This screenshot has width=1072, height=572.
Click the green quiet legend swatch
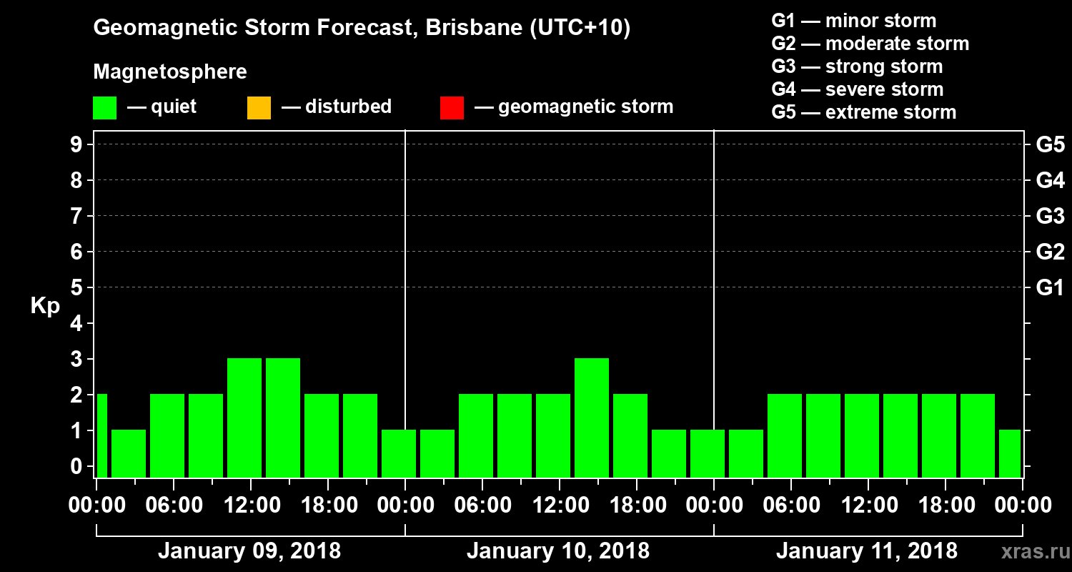click(x=104, y=107)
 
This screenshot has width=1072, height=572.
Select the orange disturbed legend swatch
click(x=259, y=107)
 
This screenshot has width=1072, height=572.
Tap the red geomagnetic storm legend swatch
click(x=452, y=107)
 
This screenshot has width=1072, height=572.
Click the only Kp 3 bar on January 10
click(x=592, y=418)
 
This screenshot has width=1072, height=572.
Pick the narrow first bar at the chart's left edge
click(x=101, y=435)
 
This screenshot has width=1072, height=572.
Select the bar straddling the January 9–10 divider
click(x=399, y=453)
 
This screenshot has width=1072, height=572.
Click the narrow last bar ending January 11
click(x=1010, y=453)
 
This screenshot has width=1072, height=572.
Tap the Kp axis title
click(x=45, y=306)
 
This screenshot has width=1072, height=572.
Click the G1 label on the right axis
click(x=1050, y=288)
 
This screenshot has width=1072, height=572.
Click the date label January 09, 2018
click(x=249, y=551)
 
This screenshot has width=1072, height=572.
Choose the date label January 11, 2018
click(x=867, y=551)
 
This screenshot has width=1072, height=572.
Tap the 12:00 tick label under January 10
click(x=559, y=506)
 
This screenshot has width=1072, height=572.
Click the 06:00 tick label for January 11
click(x=790, y=506)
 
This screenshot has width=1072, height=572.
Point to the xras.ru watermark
click(x=1030, y=552)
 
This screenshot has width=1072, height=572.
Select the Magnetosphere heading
click(x=170, y=72)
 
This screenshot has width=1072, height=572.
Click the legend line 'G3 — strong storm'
click(x=857, y=66)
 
